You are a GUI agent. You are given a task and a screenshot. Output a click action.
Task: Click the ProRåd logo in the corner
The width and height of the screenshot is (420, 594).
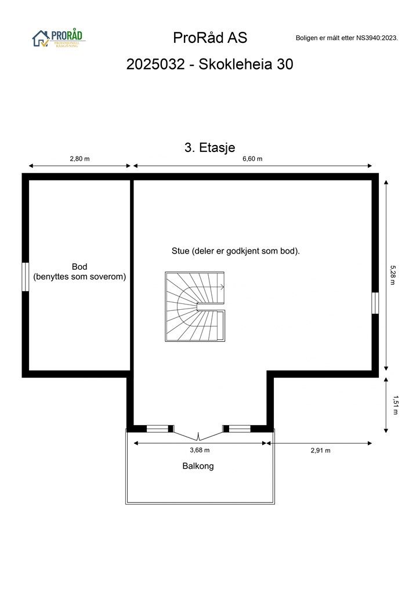pyautogui.click(x=58, y=38)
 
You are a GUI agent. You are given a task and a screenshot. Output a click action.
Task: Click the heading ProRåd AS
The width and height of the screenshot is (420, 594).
pyautogui.click(x=210, y=38)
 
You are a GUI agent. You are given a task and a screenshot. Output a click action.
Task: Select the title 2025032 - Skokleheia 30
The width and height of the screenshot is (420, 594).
pyautogui.click(x=210, y=64)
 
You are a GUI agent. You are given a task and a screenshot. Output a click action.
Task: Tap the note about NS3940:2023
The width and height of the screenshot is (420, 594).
pyautogui.click(x=346, y=38)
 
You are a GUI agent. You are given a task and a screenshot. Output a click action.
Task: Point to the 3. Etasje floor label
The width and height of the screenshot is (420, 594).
pyautogui.click(x=209, y=148)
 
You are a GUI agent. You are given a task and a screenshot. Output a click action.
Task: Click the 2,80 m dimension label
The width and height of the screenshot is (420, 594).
pyautogui.click(x=79, y=158)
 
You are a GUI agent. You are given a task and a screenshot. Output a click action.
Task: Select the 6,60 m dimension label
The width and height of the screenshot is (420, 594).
pyautogui.click(x=252, y=158)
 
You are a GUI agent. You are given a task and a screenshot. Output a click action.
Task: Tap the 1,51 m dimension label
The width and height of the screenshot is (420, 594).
pyautogui.click(x=396, y=405)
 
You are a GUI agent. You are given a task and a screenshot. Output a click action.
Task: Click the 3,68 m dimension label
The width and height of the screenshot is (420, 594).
pyautogui.click(x=200, y=450)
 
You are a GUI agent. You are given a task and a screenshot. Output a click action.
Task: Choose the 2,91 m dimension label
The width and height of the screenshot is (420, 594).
pyautogui.click(x=320, y=450)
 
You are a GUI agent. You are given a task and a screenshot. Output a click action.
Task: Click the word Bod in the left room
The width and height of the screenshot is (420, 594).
pyautogui.click(x=79, y=267)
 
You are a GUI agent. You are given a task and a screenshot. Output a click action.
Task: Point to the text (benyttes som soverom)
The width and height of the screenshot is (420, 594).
pyautogui.click(x=79, y=277)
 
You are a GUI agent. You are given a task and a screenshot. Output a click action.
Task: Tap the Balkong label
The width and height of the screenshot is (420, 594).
pyautogui.click(x=198, y=466)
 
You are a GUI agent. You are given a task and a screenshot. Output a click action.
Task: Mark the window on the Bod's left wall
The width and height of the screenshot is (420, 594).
pyautogui.click(x=26, y=277)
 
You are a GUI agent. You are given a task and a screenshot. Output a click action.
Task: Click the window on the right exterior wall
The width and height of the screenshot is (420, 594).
pyautogui.click(x=375, y=303)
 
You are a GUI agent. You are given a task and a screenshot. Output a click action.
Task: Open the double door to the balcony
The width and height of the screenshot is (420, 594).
pyautogui.click(x=198, y=432)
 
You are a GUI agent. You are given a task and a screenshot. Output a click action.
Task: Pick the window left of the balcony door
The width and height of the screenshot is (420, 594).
pyautogui.click(x=157, y=429)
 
